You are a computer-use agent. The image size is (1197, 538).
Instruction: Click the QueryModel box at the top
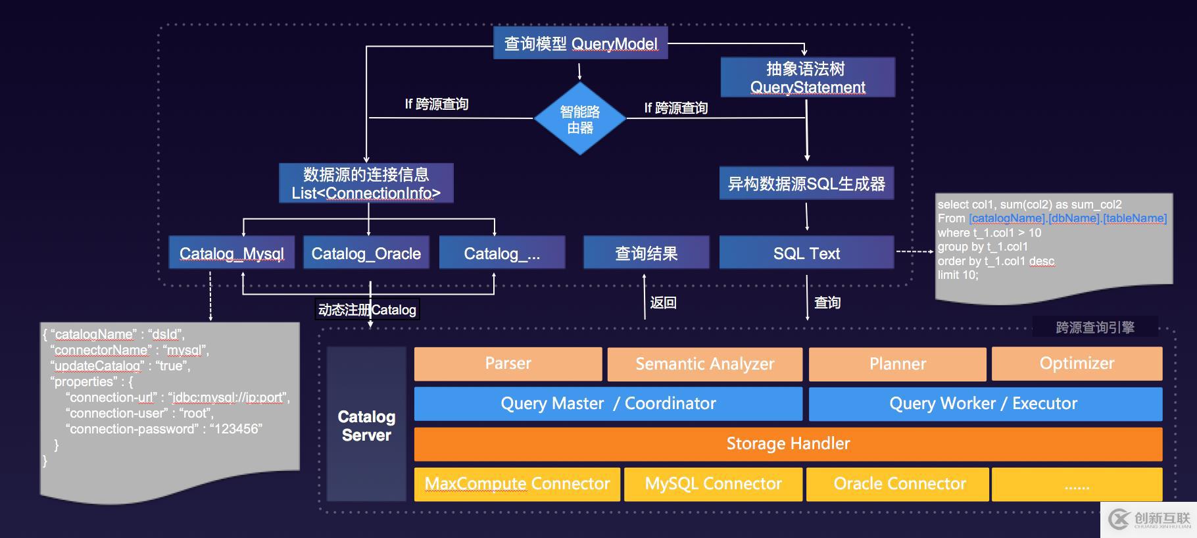coord(580,43)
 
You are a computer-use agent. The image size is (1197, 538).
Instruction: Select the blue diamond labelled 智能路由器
coord(579,119)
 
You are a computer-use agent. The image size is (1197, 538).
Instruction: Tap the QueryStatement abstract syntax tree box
coord(808,78)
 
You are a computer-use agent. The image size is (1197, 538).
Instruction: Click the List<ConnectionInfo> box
coord(366,183)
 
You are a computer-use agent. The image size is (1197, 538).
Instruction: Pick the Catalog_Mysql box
coord(232,253)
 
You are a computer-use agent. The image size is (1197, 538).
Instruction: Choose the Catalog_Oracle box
coord(366,253)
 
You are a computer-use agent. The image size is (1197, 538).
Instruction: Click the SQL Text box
coord(806,253)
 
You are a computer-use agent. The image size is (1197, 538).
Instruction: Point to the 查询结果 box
coord(646,253)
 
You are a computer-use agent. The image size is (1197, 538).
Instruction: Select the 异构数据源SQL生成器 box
coord(806,183)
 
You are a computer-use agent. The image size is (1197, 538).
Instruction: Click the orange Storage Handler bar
coord(788,444)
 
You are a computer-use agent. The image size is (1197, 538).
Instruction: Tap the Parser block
coord(508,364)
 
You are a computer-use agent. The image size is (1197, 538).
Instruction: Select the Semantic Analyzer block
coord(704,364)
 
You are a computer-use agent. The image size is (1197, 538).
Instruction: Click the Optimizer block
coord(1077,364)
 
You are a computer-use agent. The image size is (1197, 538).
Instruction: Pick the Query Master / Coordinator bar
coord(608,404)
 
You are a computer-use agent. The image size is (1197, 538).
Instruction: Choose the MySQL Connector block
coord(713,484)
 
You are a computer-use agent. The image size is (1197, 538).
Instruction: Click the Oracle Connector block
coord(899,484)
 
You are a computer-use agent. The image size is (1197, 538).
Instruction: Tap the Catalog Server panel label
coord(366,426)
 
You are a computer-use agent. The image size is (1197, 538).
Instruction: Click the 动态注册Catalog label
coord(367,310)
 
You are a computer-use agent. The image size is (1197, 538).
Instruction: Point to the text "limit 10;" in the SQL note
coord(958,275)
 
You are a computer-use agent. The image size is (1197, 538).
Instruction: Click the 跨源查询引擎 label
coord(1095,327)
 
